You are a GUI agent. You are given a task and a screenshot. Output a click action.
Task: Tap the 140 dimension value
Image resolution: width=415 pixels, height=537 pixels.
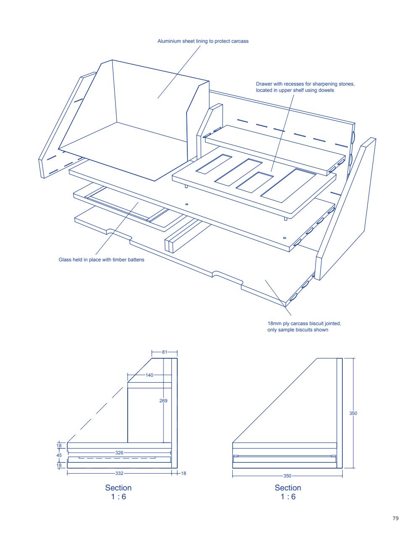[149, 375]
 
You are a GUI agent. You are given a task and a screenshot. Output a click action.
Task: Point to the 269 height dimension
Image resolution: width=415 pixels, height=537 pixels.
[163, 401]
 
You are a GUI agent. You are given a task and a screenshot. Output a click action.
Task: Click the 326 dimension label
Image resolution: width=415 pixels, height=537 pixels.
[119, 453]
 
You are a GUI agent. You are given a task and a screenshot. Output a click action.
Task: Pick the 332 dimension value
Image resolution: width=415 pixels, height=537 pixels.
[119, 473]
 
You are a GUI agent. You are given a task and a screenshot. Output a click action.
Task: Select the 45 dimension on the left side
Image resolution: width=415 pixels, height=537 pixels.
[59, 455]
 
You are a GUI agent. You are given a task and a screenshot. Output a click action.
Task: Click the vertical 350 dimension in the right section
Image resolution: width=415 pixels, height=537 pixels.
[353, 413]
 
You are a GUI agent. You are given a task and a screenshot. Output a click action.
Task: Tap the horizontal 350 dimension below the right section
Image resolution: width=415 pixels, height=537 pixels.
[287, 476]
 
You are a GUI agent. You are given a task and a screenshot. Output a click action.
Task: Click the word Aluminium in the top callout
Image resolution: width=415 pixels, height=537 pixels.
[168, 41]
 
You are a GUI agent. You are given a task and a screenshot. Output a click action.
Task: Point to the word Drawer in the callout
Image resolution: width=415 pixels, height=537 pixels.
[264, 84]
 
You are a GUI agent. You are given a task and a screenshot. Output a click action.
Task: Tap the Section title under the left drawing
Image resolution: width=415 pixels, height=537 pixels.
[118, 488]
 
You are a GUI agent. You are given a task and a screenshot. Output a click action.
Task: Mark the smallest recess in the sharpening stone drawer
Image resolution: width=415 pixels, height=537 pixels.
[254, 182]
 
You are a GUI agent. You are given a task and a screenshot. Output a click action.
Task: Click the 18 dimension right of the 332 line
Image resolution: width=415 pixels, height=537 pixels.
[183, 473]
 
